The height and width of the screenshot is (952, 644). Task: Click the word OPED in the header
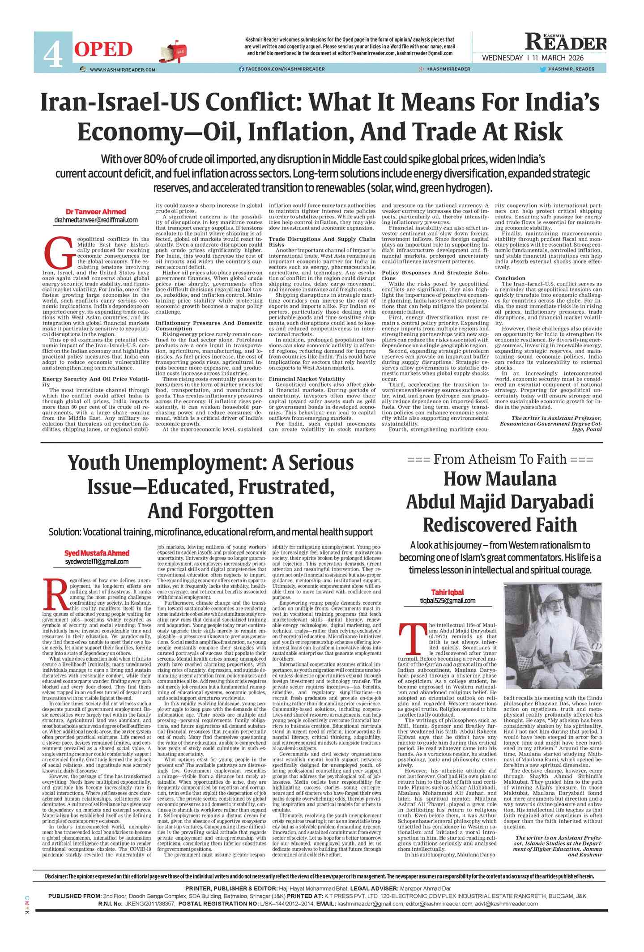click(103, 49)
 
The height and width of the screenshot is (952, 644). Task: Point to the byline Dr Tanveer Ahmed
click(96, 212)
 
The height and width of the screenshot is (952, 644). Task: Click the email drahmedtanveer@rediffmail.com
click(96, 220)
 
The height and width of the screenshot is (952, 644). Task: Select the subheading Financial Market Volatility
click(307, 379)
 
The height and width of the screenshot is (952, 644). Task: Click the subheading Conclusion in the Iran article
click(510, 278)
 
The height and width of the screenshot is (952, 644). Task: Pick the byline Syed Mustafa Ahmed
click(97, 553)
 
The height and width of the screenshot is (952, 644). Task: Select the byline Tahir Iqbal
click(447, 592)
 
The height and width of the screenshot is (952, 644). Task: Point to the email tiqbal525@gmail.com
click(447, 601)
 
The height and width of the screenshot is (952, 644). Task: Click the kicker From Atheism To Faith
click(500, 459)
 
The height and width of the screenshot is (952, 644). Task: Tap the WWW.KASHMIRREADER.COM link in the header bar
click(122, 69)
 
